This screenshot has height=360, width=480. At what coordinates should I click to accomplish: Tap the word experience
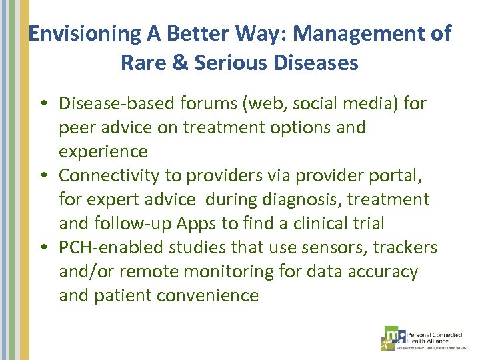(x=103, y=151)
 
